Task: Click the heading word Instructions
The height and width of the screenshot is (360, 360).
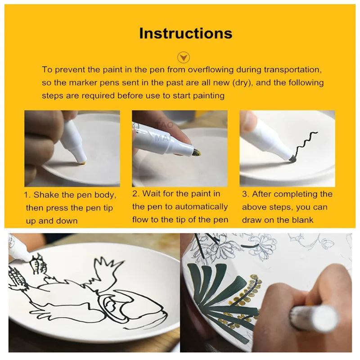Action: [186, 33]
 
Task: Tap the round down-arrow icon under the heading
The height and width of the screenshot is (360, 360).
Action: [184, 57]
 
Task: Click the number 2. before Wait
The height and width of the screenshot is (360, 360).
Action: [136, 194]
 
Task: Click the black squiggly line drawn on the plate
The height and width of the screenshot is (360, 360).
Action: [306, 144]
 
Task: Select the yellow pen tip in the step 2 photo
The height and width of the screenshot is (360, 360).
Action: [197, 152]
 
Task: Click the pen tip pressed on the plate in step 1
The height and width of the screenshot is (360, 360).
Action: [83, 162]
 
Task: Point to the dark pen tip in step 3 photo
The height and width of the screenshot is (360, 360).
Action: [292, 158]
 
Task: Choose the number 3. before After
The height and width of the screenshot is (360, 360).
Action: [245, 194]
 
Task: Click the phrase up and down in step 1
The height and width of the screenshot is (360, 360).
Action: [52, 221]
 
